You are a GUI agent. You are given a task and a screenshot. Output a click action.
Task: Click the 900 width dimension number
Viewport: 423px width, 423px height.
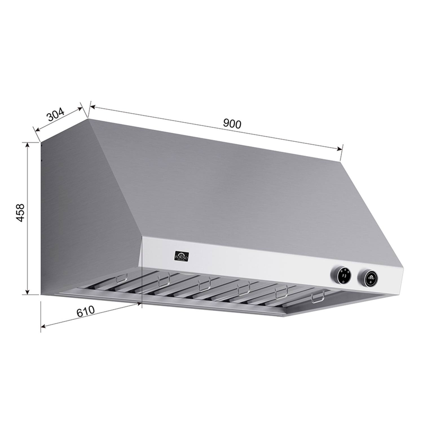[x=232, y=124]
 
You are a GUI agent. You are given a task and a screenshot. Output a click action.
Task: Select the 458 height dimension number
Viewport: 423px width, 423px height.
[x=21, y=213]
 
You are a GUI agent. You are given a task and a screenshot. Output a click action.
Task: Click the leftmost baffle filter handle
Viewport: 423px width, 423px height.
[x=122, y=278]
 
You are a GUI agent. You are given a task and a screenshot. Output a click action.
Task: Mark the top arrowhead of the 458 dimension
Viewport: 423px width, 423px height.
[x=27, y=144]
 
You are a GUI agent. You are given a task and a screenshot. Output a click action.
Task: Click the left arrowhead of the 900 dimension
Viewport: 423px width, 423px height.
[x=92, y=107]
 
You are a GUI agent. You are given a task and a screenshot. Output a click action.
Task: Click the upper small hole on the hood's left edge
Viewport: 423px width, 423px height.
[x=41, y=146]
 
